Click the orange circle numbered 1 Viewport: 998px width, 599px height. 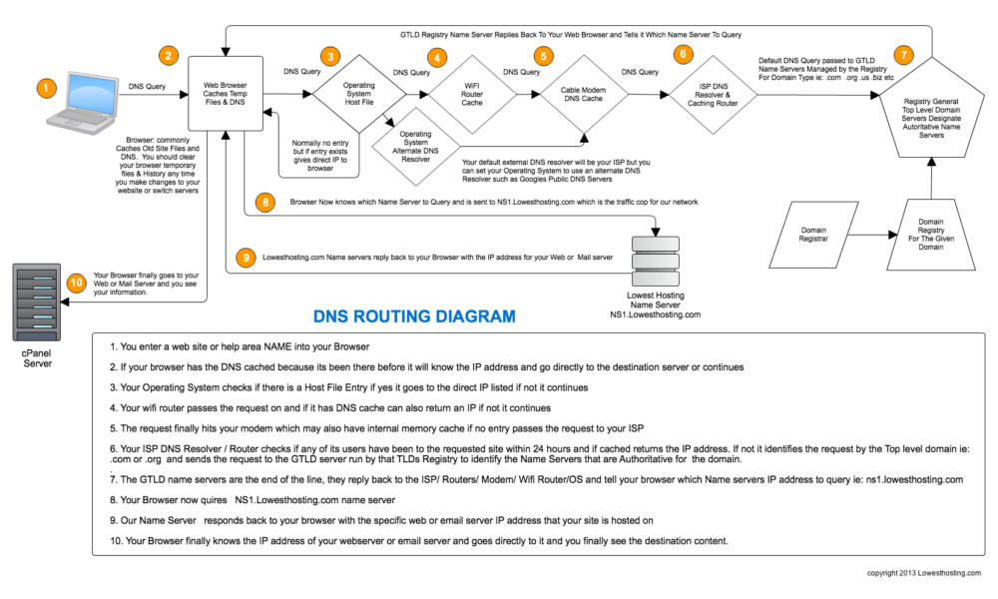(45, 89)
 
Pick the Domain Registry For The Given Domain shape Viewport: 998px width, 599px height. (930, 235)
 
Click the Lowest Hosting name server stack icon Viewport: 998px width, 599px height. (655, 259)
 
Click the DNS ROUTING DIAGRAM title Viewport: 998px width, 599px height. (414, 317)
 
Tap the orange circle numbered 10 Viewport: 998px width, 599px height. (76, 283)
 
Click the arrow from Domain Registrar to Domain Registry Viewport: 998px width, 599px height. (863, 237)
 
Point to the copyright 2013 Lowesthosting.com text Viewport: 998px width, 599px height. (924, 573)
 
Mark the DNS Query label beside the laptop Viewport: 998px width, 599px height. (147, 86)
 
